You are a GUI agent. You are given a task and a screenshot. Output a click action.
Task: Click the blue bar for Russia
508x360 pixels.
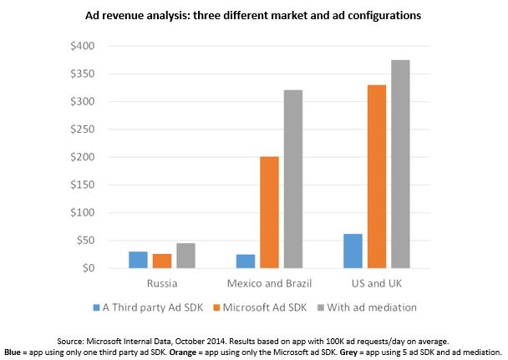138,260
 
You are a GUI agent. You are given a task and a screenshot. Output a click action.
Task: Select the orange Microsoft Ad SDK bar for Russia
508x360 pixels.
161,261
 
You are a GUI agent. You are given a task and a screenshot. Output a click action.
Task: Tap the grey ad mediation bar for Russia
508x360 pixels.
185,256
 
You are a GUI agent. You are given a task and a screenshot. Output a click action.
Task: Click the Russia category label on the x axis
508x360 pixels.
161,282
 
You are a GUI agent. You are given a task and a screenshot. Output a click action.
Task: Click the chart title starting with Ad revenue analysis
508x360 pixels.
253,15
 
